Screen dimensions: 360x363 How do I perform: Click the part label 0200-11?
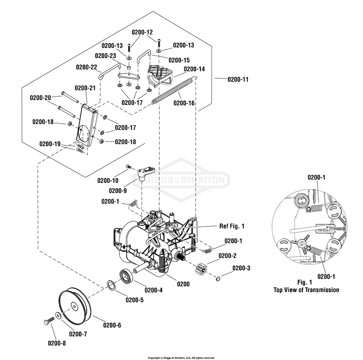point(238,79)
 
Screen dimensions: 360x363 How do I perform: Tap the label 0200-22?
point(87,67)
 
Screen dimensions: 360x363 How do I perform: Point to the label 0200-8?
point(57,343)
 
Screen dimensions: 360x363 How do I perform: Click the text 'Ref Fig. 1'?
point(232,226)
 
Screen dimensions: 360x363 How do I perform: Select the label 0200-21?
point(85,88)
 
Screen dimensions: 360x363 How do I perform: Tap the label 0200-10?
point(107,180)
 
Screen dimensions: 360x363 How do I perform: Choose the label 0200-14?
point(194,69)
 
